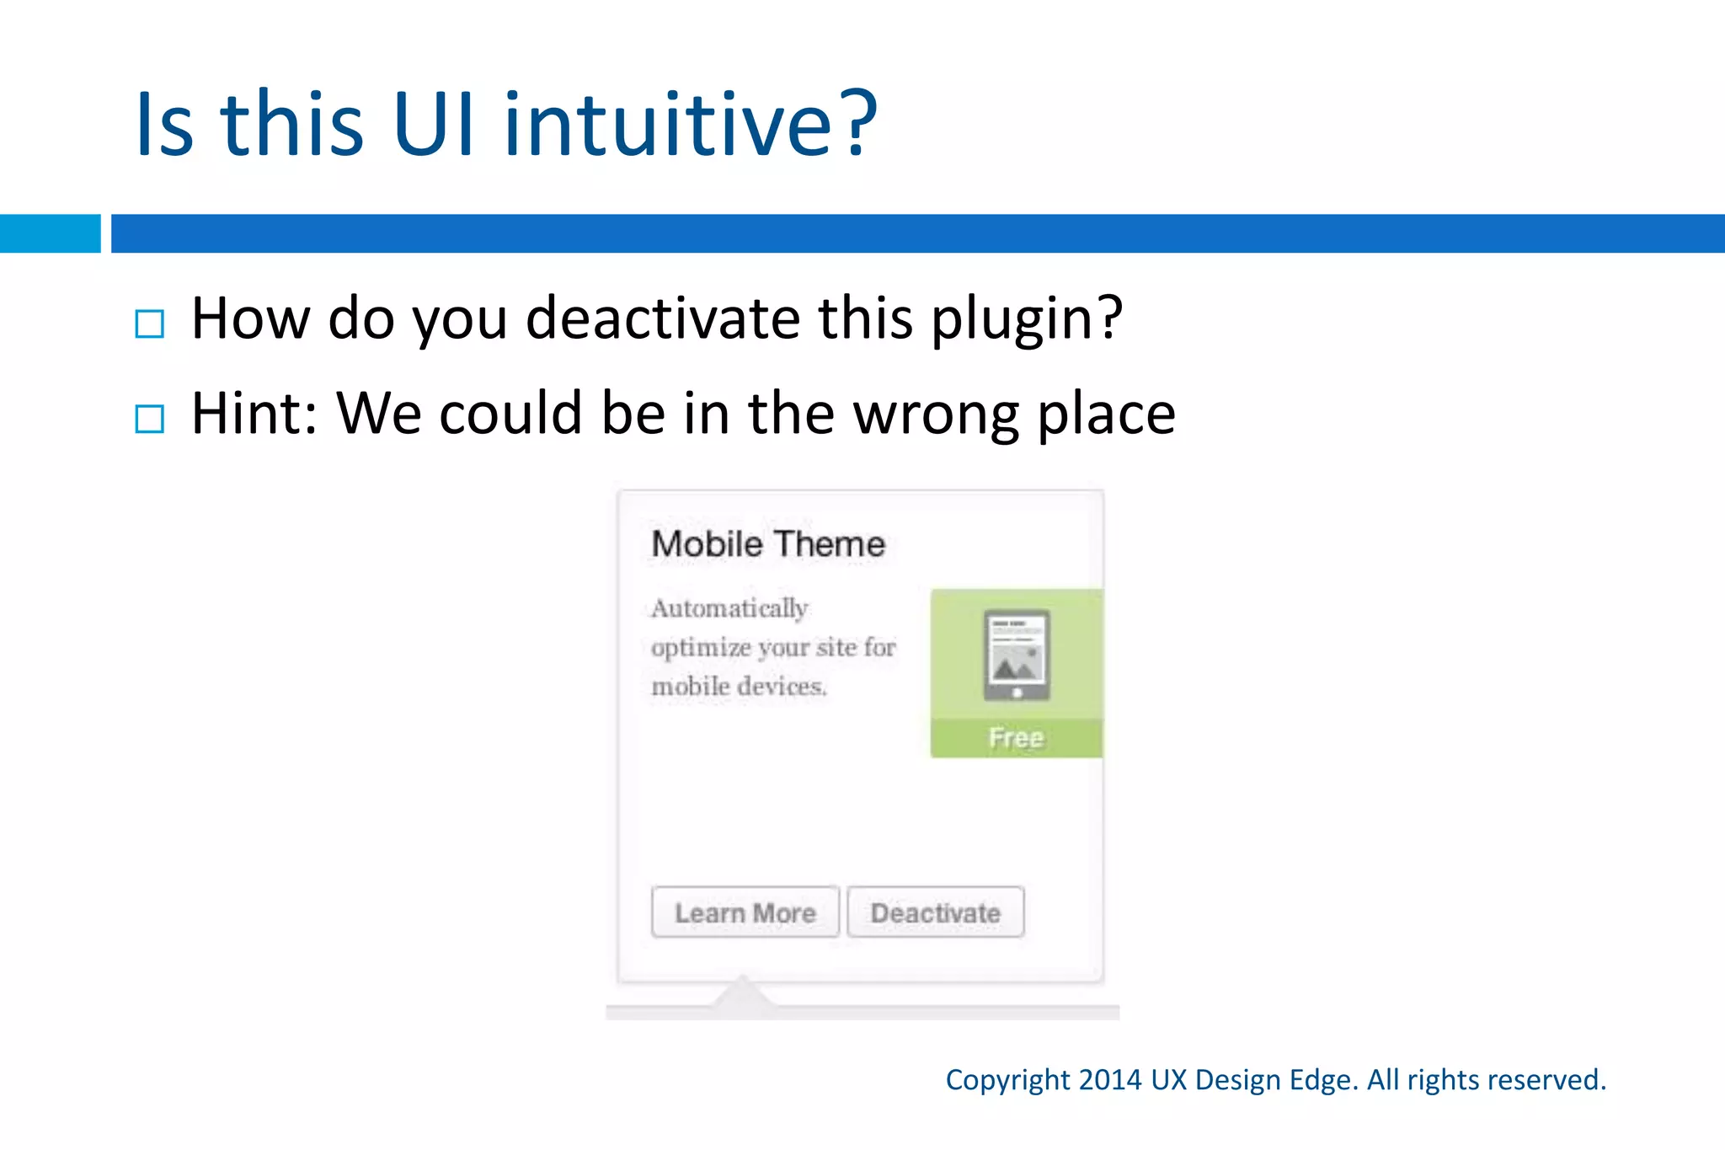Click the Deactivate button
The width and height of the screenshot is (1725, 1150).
point(935,912)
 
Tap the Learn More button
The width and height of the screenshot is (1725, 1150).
point(745,912)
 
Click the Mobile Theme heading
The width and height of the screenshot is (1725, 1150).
point(768,544)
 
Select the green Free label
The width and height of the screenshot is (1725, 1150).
point(1016,738)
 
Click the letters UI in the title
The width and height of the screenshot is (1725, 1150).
point(432,124)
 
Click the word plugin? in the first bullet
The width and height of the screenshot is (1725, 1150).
point(1027,320)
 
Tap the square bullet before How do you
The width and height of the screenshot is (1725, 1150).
point(149,324)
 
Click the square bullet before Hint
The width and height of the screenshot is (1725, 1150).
point(149,419)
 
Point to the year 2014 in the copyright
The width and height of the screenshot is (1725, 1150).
point(1110,1080)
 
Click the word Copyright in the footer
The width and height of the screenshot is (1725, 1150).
point(1007,1080)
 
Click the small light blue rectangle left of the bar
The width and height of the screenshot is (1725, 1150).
point(50,233)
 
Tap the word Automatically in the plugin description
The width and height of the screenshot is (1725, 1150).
point(729,608)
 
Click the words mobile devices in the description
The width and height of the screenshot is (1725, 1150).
point(739,687)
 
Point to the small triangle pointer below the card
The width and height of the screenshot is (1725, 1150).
point(742,992)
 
